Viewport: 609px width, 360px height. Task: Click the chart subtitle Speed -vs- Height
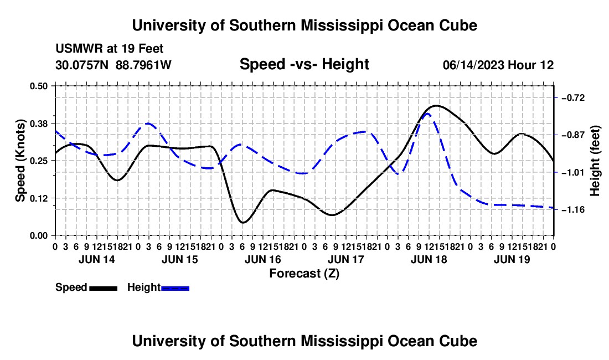[304, 64]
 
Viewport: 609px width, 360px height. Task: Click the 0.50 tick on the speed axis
[39, 86]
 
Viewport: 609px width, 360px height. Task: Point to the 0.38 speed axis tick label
[39, 124]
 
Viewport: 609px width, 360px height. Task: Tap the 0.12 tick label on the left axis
[39, 198]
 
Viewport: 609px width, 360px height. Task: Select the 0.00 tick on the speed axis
[39, 236]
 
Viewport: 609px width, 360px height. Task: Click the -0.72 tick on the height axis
[573, 98]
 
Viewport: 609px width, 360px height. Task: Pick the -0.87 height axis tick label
[573, 135]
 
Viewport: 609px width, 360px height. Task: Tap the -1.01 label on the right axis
[573, 172]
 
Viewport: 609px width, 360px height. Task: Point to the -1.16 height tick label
[573, 210]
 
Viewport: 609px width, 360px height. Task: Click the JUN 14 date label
[97, 259]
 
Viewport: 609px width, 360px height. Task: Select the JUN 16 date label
[263, 259]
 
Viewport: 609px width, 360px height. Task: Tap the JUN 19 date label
[512, 259]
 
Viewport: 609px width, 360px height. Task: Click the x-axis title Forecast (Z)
[304, 274]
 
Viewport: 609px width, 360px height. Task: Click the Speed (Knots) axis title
[20, 161]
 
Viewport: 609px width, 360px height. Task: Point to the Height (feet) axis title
[595, 161]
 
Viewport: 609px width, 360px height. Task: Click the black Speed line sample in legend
[104, 289]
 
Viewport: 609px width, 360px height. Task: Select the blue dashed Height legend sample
[175, 289]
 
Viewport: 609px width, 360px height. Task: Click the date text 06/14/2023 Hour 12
[498, 65]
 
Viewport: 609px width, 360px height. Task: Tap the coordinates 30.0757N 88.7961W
[113, 65]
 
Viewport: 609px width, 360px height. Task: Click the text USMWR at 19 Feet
[110, 49]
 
